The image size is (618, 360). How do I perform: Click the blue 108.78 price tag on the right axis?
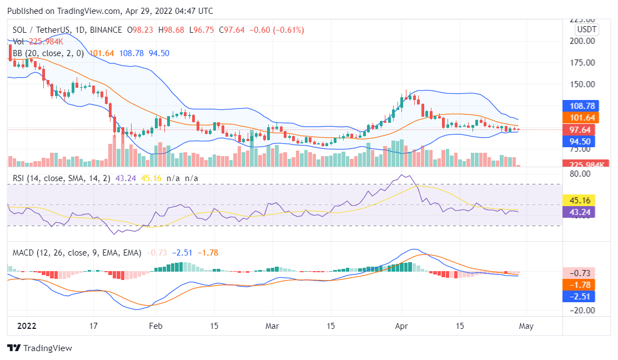(579, 106)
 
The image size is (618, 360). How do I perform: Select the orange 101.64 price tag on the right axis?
(579, 117)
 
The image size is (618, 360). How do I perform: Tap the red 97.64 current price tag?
(579, 129)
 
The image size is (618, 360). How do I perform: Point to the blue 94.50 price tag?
(579, 141)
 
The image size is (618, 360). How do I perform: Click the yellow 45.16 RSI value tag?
(579, 199)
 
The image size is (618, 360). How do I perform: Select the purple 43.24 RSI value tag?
(579, 211)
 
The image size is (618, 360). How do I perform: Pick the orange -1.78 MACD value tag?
(579, 284)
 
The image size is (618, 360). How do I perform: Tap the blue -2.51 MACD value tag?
(579, 296)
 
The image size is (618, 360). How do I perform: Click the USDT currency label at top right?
(586, 29)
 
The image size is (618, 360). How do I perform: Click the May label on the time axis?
(526, 326)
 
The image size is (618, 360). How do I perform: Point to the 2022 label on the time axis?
(26, 326)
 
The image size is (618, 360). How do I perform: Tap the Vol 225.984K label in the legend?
(38, 42)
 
